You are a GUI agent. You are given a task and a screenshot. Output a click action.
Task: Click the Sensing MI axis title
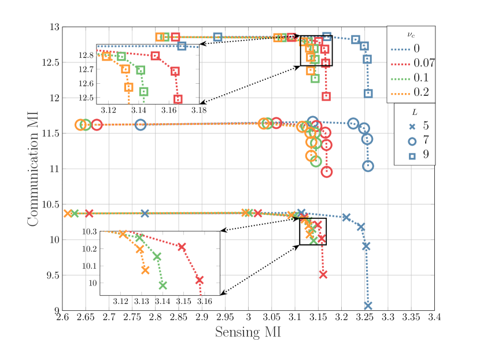pos(248,333)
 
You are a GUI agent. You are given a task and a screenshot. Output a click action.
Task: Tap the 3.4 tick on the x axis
pos(435,317)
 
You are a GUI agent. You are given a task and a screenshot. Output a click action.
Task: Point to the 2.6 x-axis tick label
pos(62,317)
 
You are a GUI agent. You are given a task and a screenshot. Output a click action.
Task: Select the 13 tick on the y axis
pos(54,27)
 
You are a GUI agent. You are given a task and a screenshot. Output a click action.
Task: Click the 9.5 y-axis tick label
pos(52,275)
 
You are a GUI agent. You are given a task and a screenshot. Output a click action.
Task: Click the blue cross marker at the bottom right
pos(368,306)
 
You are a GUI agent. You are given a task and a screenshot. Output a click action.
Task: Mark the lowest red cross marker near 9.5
pos(323,274)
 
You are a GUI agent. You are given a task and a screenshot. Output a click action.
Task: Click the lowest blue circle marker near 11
pos(368,166)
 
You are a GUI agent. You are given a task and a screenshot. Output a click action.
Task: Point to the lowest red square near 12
pos(326,97)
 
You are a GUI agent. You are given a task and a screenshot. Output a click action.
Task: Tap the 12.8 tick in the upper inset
pos(86,55)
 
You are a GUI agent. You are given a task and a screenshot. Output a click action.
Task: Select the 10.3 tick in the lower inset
pos(90,232)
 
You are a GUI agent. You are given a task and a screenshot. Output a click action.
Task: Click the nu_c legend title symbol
pos(411,34)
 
